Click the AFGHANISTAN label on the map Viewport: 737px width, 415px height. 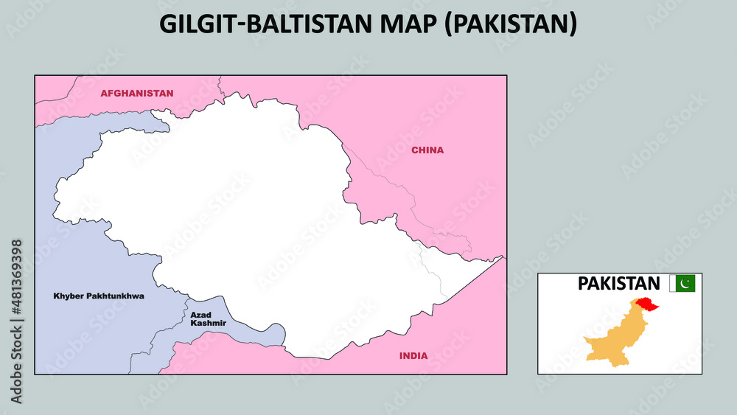(137, 94)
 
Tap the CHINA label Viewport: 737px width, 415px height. (427, 150)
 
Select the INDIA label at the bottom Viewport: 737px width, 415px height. (413, 356)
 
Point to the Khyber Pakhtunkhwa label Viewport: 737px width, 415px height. (99, 296)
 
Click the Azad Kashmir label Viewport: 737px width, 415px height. (208, 319)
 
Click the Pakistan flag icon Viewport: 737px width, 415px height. (682, 283)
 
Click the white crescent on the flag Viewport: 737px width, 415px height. (685, 283)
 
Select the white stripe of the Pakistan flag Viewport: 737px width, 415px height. (672, 283)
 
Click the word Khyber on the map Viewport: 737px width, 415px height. (68, 296)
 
